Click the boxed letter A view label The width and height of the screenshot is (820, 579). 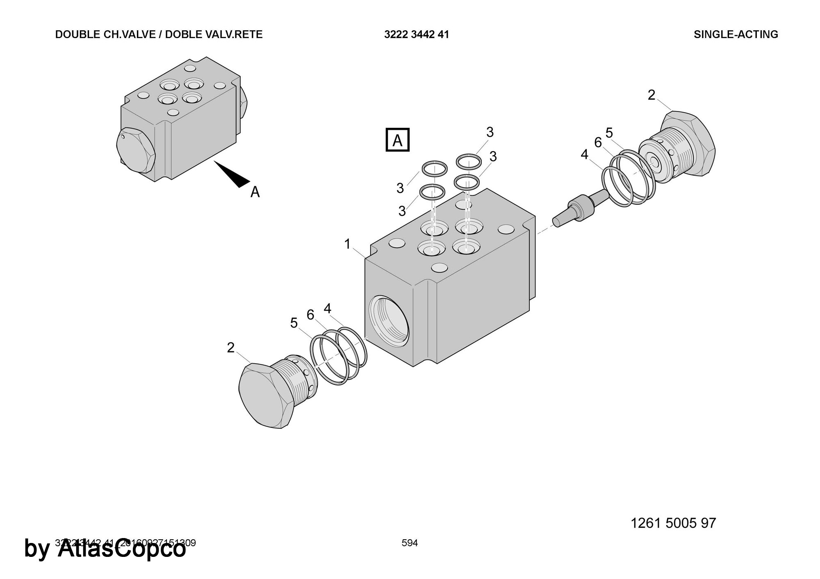click(x=397, y=140)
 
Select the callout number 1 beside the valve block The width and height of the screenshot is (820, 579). click(x=347, y=244)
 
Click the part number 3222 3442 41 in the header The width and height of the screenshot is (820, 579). click(x=416, y=34)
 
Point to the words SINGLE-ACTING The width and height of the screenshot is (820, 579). click(x=736, y=34)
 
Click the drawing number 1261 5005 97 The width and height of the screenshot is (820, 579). click(x=673, y=523)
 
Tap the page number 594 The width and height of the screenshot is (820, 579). click(x=410, y=543)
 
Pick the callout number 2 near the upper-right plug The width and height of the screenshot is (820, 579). click(x=651, y=95)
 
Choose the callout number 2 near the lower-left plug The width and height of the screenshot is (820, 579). click(x=231, y=348)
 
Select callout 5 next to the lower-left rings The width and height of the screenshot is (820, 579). click(x=294, y=323)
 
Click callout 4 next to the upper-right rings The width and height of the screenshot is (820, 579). click(x=584, y=154)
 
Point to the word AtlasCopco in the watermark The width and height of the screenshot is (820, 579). click(x=121, y=549)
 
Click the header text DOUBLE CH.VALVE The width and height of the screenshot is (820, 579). click(x=107, y=34)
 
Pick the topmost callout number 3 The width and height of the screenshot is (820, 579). click(x=490, y=132)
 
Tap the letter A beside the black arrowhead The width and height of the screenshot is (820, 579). click(x=255, y=192)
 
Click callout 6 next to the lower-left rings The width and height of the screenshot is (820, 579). click(x=310, y=314)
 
